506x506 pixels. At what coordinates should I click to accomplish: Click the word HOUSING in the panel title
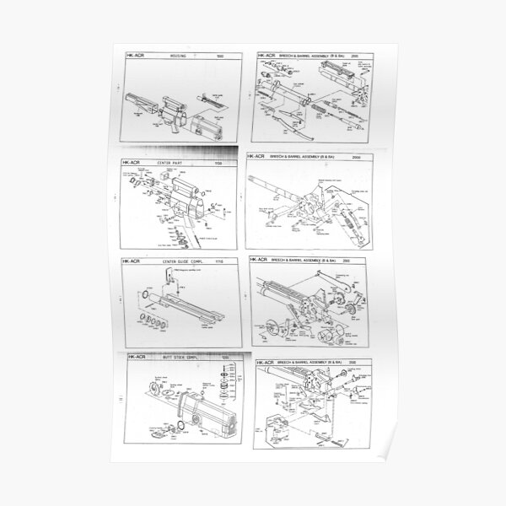(179, 57)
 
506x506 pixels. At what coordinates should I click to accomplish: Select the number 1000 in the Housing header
(223, 57)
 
